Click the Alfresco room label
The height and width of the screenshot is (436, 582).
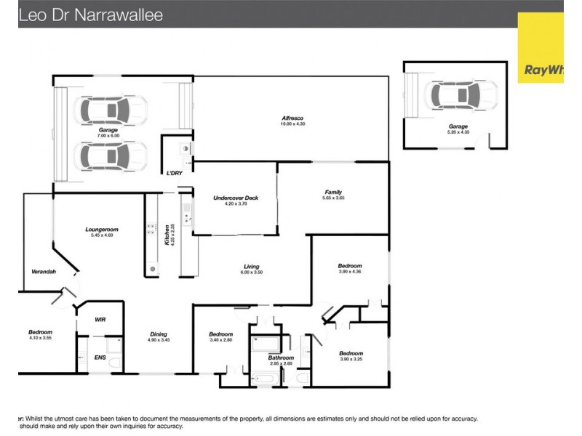point(292,118)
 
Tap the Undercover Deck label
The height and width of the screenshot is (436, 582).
point(236,198)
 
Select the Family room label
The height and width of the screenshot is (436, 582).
point(333,192)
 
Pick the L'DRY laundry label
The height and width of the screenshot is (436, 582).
point(174,172)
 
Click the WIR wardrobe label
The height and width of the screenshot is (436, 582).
point(100,319)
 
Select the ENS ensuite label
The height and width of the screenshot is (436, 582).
point(100,358)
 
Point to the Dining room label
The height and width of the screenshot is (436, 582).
point(159,334)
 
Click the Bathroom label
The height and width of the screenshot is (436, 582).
point(281,358)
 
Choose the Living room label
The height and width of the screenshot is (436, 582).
point(252,267)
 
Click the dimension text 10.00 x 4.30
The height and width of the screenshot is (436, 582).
point(292,124)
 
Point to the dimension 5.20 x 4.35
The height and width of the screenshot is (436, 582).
point(458,132)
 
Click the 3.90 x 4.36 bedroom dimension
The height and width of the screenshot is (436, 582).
point(350,272)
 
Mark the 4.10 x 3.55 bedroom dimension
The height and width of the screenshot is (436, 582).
point(41,339)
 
